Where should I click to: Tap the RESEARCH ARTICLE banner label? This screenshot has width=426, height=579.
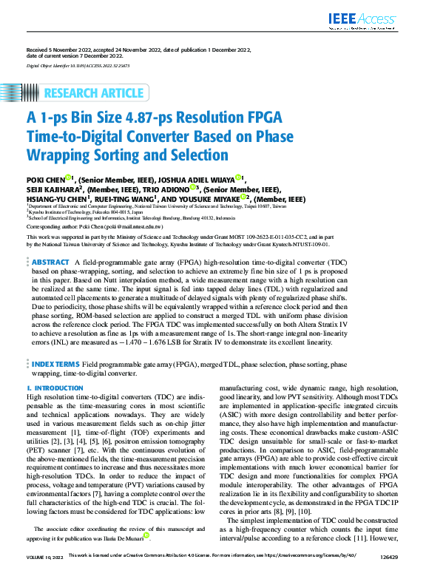click(94, 92)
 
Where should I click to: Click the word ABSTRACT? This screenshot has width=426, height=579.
click(51, 263)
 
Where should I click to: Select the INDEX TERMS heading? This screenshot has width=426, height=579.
click(55, 365)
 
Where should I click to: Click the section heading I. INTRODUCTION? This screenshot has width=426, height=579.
click(55, 387)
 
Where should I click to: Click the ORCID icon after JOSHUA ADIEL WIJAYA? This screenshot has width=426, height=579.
click(238, 177)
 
